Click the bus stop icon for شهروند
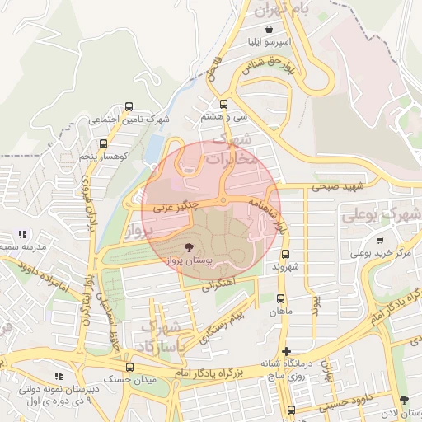point(285,255)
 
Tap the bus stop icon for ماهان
point(281,299)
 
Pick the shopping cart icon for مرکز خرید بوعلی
point(380,241)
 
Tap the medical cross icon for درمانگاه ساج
point(286,351)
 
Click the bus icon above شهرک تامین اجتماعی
point(129,107)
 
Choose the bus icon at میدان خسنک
point(129,368)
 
